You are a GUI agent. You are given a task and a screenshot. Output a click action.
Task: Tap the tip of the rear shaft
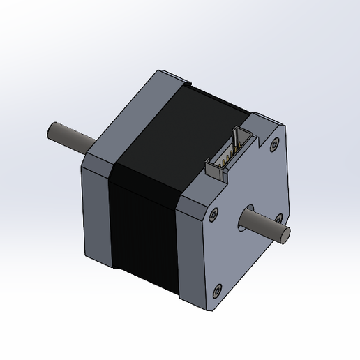tap(52, 130)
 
